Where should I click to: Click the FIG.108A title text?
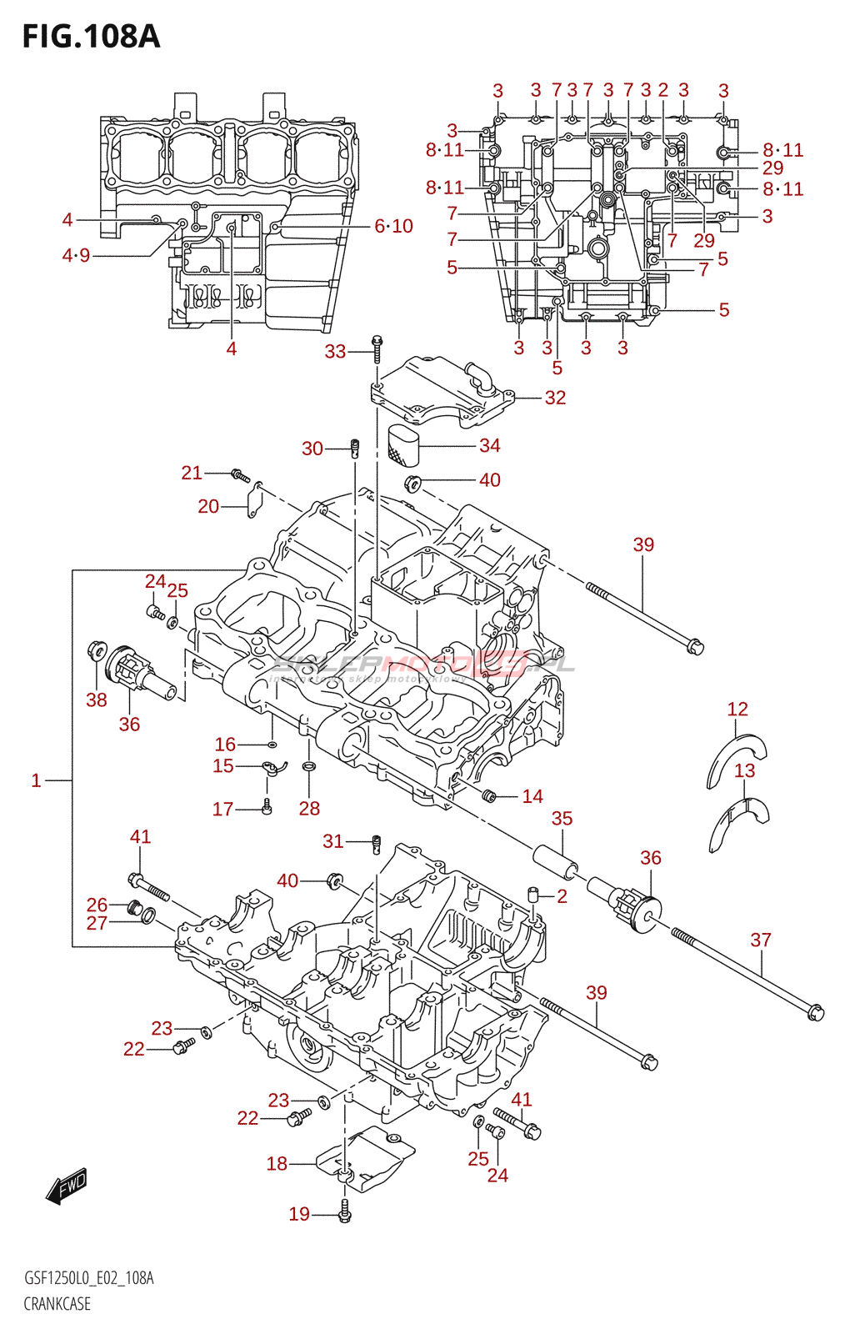click(x=90, y=37)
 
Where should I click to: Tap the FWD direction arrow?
click(x=67, y=1186)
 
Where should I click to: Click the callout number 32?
click(x=555, y=398)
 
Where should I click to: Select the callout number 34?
click(x=490, y=446)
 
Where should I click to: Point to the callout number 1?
click(x=36, y=780)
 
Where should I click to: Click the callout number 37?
click(x=761, y=940)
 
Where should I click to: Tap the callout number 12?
click(x=737, y=710)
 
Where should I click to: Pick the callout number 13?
click(x=745, y=770)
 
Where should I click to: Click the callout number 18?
click(x=277, y=1164)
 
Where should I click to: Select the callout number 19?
click(x=299, y=1215)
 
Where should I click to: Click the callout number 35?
click(x=562, y=819)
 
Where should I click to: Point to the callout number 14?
click(x=532, y=796)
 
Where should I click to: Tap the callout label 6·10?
click(x=393, y=226)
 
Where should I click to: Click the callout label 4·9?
click(x=76, y=255)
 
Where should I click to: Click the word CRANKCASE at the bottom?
click(x=57, y=1304)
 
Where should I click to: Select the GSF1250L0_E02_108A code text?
click(x=88, y=1278)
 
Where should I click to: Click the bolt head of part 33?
click(x=377, y=340)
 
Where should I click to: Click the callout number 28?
click(x=309, y=808)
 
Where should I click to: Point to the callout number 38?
click(x=97, y=700)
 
